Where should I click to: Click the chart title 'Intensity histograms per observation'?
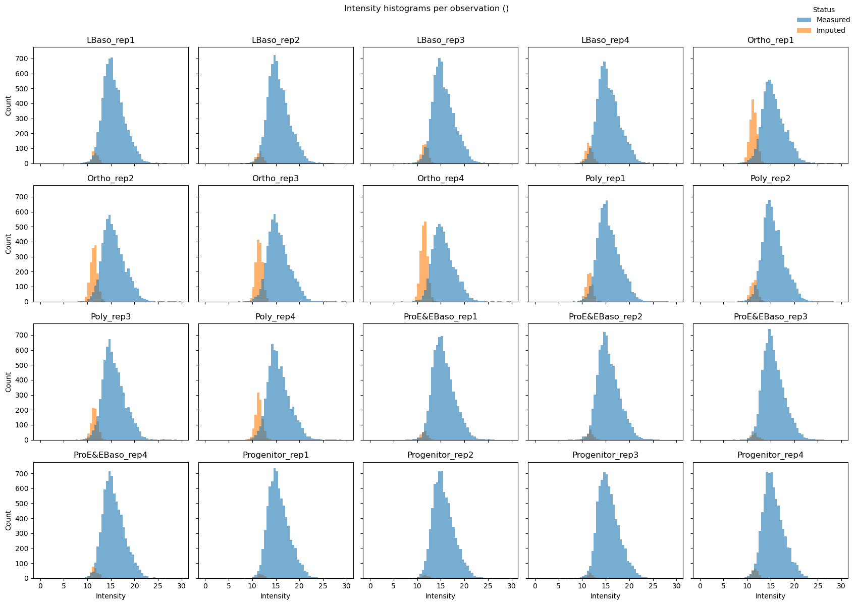[x=426, y=9]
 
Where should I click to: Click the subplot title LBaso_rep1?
[x=111, y=40]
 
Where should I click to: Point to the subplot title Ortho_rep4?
[x=440, y=179]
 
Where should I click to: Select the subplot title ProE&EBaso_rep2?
[x=605, y=317]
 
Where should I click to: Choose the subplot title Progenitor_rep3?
[x=605, y=455]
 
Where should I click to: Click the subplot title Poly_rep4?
[x=276, y=317]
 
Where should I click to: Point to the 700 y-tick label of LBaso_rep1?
[x=24, y=59]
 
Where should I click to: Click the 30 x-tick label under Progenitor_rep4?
[x=841, y=587]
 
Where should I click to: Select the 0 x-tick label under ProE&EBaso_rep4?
[x=40, y=587]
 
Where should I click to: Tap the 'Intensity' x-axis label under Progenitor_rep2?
[x=440, y=596]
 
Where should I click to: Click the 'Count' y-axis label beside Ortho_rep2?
[x=8, y=244]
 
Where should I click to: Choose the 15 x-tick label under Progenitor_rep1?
[x=276, y=587]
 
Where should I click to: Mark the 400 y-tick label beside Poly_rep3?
[x=24, y=380]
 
